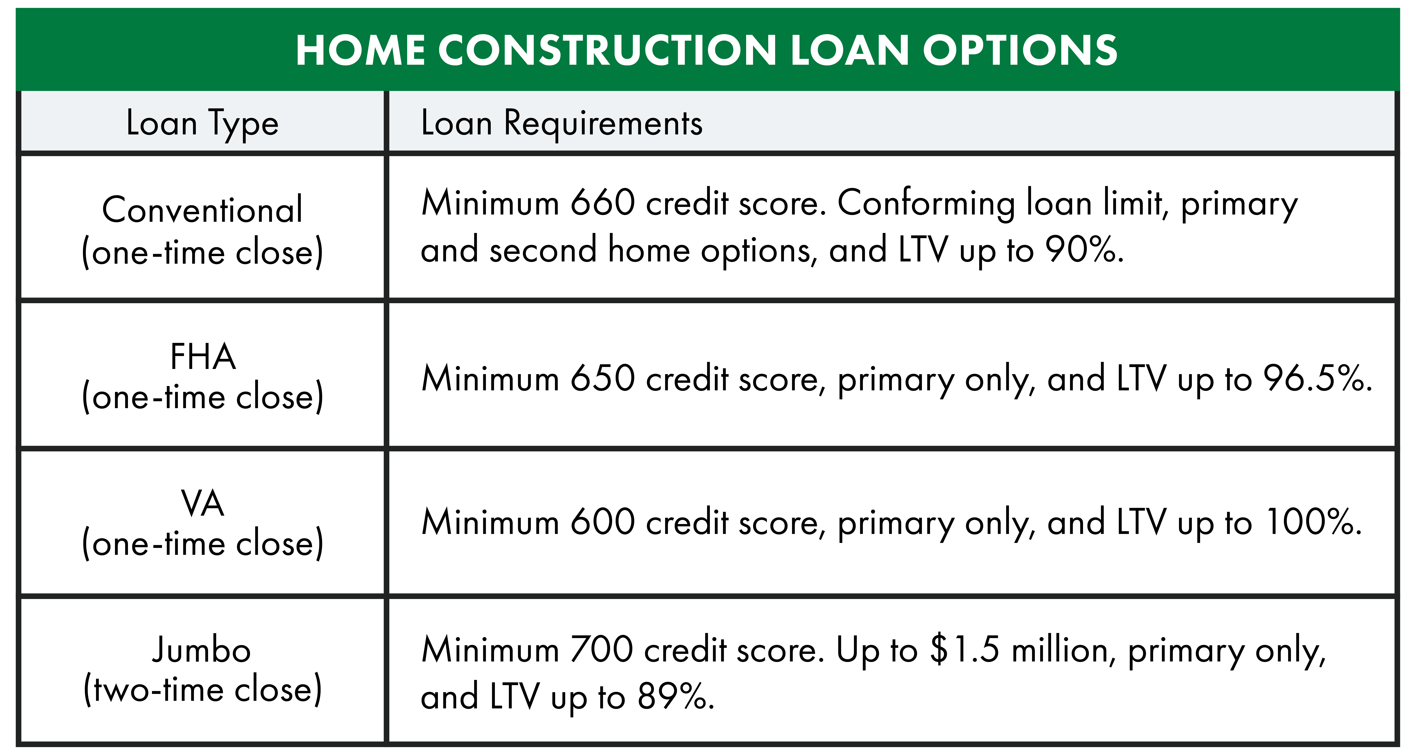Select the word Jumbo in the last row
pyautogui.click(x=201, y=650)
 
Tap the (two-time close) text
pyautogui.click(x=202, y=690)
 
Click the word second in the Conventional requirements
pyautogui.click(x=543, y=250)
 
